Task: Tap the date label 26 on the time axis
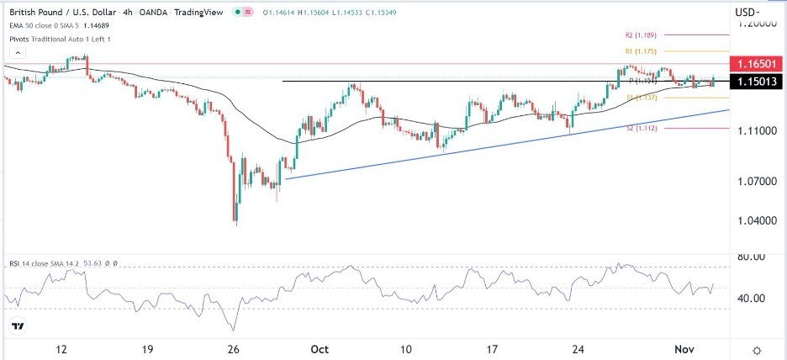pos(235,349)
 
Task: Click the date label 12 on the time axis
pos(60,349)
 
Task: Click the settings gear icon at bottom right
pos(757,350)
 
